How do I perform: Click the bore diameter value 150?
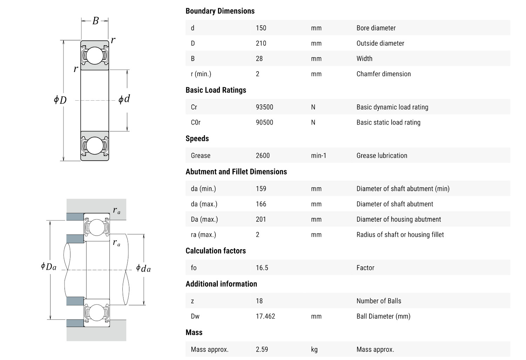point(261,28)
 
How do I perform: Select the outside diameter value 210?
point(261,44)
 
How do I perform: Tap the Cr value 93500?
point(264,107)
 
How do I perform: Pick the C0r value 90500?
point(264,122)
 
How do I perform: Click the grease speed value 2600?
point(263,156)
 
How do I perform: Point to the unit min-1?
point(318,156)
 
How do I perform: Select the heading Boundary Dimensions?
point(220,11)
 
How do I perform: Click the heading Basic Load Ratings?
point(216,90)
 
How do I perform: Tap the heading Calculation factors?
point(215,251)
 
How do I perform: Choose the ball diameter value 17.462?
point(265,316)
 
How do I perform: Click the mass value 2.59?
point(262,349)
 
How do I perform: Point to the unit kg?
point(314,349)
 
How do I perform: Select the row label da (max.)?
point(204,204)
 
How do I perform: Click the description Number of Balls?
point(379,301)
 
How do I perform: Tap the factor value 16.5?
point(262,268)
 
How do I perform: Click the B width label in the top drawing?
point(95,21)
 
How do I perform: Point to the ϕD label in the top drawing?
point(60,100)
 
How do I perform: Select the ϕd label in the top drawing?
point(124,99)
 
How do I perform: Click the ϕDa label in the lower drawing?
point(48,267)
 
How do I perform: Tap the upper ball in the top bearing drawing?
point(95,55)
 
